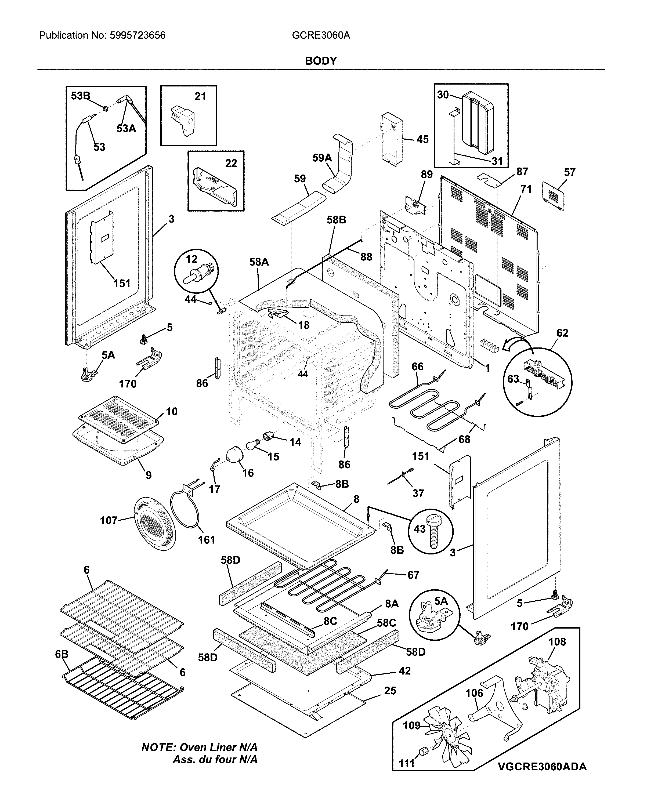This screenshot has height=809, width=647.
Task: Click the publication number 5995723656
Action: tap(137, 36)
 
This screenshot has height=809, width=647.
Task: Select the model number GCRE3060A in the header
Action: tap(321, 36)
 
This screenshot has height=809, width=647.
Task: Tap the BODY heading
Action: tap(321, 61)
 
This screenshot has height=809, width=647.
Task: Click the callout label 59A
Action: tap(322, 158)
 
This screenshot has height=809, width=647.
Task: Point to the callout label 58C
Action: tap(386, 623)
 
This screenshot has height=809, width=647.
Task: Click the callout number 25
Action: tap(390, 690)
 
